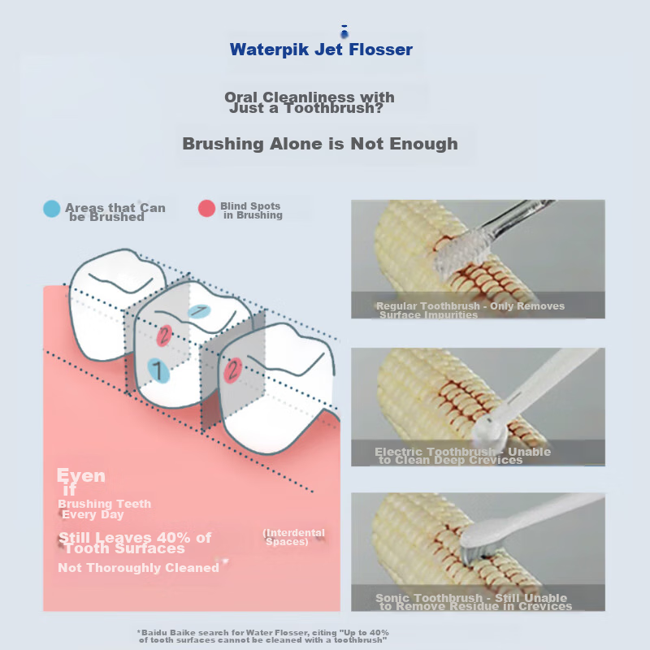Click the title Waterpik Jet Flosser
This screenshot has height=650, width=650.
321,50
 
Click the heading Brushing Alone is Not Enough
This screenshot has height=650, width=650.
320,144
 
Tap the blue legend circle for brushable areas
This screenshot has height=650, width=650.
52,209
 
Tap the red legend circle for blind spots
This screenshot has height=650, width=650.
207,209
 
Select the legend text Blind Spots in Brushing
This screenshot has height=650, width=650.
252,210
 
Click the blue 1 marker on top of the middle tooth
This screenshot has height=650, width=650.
199,311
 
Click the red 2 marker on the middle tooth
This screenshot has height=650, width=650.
164,336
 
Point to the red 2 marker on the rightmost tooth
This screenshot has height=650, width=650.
233,370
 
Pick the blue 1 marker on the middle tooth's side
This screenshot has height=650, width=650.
158,370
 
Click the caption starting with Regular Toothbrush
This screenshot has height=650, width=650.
470,310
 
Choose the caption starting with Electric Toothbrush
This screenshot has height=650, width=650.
462,456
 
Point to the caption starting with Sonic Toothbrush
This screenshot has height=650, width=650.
474,602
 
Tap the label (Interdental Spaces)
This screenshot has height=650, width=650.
294,537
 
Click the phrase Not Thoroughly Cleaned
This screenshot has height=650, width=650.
138,568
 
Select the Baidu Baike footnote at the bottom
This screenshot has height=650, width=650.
262,636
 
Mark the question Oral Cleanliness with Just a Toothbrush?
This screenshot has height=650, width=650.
310,102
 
